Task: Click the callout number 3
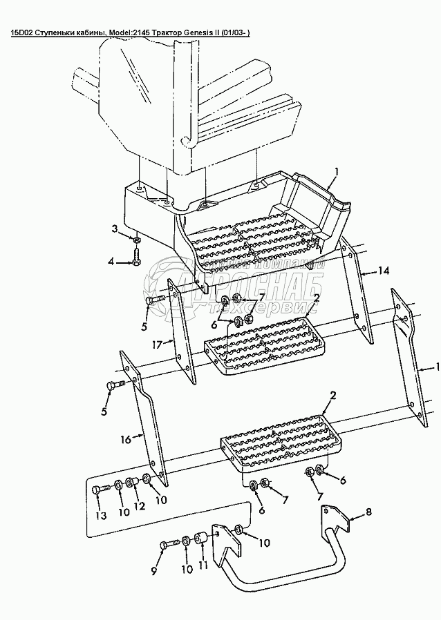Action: click(115, 228)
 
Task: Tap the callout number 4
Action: click(111, 261)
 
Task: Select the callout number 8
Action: click(369, 512)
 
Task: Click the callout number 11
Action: click(203, 565)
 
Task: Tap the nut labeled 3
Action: click(136, 239)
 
